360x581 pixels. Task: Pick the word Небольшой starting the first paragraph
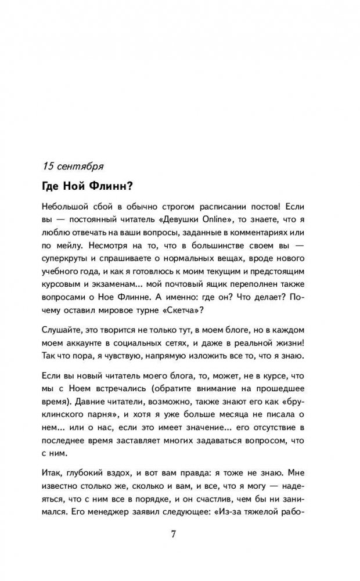66,207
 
